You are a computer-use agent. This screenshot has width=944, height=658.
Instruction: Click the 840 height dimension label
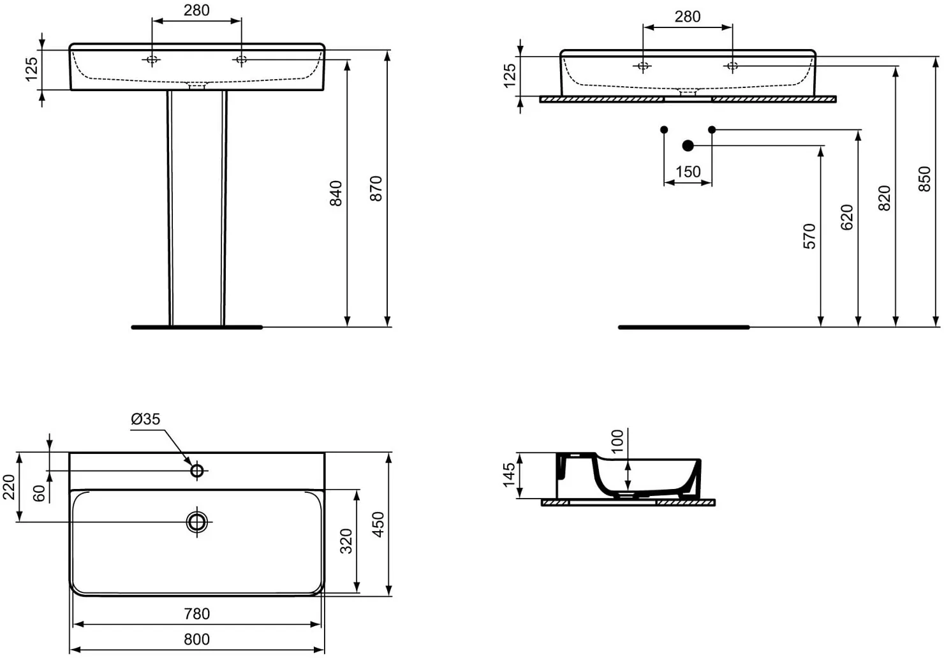point(336,193)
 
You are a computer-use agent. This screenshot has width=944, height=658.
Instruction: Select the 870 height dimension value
point(376,188)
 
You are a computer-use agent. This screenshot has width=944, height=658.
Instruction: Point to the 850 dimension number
point(924,179)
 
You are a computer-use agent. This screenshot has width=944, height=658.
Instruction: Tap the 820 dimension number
point(885,198)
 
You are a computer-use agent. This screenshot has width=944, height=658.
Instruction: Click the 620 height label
point(846,217)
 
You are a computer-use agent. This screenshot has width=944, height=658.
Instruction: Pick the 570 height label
point(809,237)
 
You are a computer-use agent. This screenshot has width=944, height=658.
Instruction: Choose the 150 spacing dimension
point(688,172)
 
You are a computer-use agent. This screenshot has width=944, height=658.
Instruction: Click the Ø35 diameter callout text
point(146,419)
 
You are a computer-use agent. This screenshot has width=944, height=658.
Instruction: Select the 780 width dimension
point(197,614)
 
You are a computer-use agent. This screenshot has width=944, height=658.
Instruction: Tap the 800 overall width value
point(197,640)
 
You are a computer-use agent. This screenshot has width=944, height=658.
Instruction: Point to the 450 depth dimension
point(379,525)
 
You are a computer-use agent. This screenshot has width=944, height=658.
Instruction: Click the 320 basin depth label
point(346,541)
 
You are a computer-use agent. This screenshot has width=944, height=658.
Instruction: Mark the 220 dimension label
point(9,487)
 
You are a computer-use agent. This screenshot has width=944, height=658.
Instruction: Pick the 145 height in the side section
point(509,475)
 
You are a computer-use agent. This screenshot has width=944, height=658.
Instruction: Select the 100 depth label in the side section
point(617,441)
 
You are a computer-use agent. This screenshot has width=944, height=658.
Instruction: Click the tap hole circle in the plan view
point(197,471)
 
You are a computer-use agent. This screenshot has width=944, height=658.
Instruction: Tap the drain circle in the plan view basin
point(197,522)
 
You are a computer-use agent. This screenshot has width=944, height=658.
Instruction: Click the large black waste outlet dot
point(688,146)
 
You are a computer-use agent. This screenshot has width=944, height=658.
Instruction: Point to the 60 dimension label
point(39,493)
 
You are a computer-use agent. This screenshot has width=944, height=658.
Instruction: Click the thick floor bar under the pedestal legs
point(197,327)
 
